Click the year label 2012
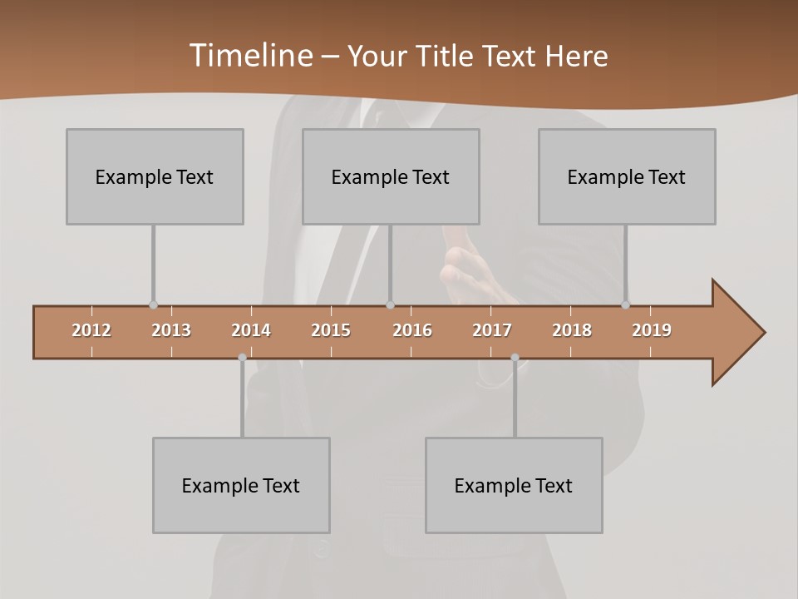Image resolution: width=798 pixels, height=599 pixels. click(x=91, y=330)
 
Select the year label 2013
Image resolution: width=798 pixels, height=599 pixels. click(x=171, y=330)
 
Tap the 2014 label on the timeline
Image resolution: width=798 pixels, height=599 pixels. click(x=251, y=330)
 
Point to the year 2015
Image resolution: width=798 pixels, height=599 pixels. click(x=331, y=330)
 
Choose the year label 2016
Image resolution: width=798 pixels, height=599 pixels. click(x=412, y=330)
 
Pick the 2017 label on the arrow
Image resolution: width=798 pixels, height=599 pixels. click(x=492, y=330)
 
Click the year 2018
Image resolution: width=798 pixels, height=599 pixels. click(x=572, y=330)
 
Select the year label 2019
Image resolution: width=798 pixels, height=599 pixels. click(x=652, y=330)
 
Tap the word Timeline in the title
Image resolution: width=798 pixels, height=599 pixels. click(x=249, y=56)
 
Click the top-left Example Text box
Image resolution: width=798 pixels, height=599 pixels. click(x=155, y=176)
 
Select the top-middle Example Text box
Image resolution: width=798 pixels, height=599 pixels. click(x=391, y=176)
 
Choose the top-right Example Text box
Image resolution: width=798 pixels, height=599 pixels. click(x=627, y=176)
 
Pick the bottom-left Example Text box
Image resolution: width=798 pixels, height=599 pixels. click(x=241, y=485)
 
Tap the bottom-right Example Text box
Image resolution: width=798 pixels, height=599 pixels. click(x=514, y=485)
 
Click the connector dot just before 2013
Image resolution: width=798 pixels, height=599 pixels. click(x=153, y=304)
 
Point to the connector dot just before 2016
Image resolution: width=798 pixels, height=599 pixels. click(x=390, y=304)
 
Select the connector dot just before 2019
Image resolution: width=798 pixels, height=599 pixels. click(x=626, y=304)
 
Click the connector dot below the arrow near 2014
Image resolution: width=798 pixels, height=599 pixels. click(x=242, y=358)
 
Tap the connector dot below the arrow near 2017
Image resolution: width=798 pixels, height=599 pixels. click(x=515, y=358)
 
